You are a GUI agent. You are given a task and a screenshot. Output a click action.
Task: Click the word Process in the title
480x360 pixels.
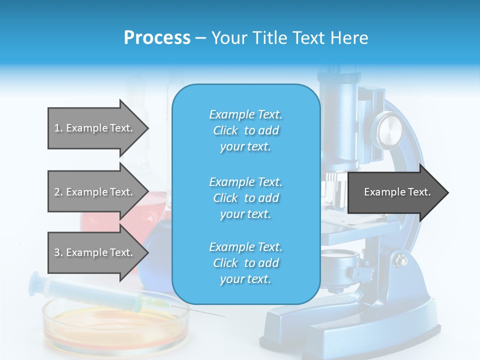click(157, 38)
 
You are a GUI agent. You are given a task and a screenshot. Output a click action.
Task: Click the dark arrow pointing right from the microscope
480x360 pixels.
click(397, 192)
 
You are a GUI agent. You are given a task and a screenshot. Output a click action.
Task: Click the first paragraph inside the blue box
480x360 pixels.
click(245, 130)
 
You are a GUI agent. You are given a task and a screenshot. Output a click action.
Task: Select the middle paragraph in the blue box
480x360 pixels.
click(245, 197)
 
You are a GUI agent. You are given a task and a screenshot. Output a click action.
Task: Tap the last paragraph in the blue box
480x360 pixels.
click(245, 263)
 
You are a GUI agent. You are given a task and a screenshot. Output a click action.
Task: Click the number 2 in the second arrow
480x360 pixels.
click(57, 192)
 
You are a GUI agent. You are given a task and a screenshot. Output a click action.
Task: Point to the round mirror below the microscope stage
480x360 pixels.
click(340, 260)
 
